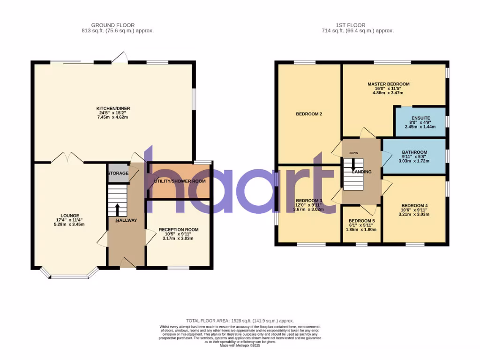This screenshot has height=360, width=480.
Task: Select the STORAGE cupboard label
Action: [x=118, y=173]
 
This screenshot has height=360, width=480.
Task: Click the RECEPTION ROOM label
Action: [x=178, y=230]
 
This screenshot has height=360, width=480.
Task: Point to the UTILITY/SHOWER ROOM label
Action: [x=180, y=181]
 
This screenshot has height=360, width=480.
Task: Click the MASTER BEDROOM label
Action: [x=388, y=84]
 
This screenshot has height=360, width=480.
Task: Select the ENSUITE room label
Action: [x=420, y=118]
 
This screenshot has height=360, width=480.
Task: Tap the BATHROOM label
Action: [x=414, y=152]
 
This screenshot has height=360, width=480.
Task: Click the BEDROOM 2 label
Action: [x=308, y=114]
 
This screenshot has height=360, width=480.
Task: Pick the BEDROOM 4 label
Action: [x=414, y=206]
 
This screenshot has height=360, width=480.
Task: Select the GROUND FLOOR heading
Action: [x=112, y=25]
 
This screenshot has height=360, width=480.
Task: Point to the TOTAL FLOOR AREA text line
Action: [x=240, y=321]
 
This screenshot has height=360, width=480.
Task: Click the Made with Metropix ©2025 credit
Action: [x=240, y=345]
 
